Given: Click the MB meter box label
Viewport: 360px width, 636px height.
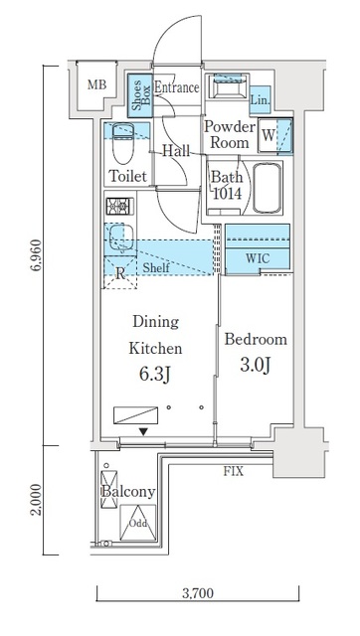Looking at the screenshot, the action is pyautogui.click(x=97, y=84).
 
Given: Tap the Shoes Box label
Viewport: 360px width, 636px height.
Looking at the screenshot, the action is pyautogui.click(x=141, y=94).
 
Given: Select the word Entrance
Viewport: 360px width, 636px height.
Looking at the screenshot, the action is pyautogui.click(x=177, y=87).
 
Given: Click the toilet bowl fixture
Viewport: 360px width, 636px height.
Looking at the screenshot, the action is pyautogui.click(x=122, y=143).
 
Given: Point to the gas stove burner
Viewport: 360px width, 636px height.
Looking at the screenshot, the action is pyautogui.click(x=119, y=207).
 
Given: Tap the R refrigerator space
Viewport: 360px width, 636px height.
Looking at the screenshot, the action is pyautogui.click(x=120, y=272).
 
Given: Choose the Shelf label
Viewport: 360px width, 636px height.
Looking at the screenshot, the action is pyautogui.click(x=156, y=267).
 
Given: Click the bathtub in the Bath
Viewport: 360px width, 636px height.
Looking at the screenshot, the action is pyautogui.click(x=268, y=188).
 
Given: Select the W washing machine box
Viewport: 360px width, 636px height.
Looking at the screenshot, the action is pyautogui.click(x=268, y=135).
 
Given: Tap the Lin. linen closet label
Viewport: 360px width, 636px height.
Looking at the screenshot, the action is pyautogui.click(x=260, y=99).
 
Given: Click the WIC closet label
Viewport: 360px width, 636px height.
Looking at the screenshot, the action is pyautogui.click(x=258, y=258).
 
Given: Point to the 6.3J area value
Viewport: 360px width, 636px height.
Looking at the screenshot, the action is pyautogui.click(x=155, y=375).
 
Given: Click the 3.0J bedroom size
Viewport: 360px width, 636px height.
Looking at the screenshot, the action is pyautogui.click(x=256, y=365).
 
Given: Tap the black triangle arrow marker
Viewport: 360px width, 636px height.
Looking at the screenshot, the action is pyautogui.click(x=143, y=432).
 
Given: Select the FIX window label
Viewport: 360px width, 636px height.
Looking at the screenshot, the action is pyautogui.click(x=234, y=471).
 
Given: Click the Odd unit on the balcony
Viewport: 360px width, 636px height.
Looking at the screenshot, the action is pyautogui.click(x=138, y=523).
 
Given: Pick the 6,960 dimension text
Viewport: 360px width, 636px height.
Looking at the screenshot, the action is pyautogui.click(x=37, y=254).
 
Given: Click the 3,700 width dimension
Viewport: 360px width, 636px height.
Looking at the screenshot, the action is pyautogui.click(x=198, y=593).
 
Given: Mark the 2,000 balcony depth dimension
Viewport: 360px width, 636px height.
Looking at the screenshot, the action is pyautogui.click(x=37, y=500).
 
